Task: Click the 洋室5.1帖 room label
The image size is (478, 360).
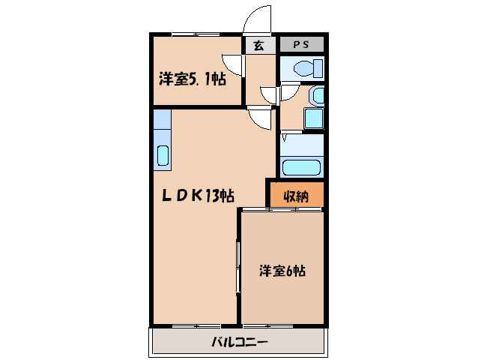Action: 192,79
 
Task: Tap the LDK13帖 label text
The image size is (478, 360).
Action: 199,196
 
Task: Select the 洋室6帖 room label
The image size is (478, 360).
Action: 282,271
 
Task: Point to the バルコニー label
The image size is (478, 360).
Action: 239,341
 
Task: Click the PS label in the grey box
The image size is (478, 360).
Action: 301,45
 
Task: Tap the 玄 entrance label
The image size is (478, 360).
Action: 258,46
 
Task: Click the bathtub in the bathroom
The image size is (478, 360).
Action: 301,166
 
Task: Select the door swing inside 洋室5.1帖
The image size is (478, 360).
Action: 235,65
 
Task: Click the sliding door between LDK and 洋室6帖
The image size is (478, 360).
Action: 239,266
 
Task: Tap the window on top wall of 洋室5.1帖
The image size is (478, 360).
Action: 193,35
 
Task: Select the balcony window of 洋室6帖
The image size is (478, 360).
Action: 282,325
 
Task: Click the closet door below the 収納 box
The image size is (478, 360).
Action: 295,210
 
